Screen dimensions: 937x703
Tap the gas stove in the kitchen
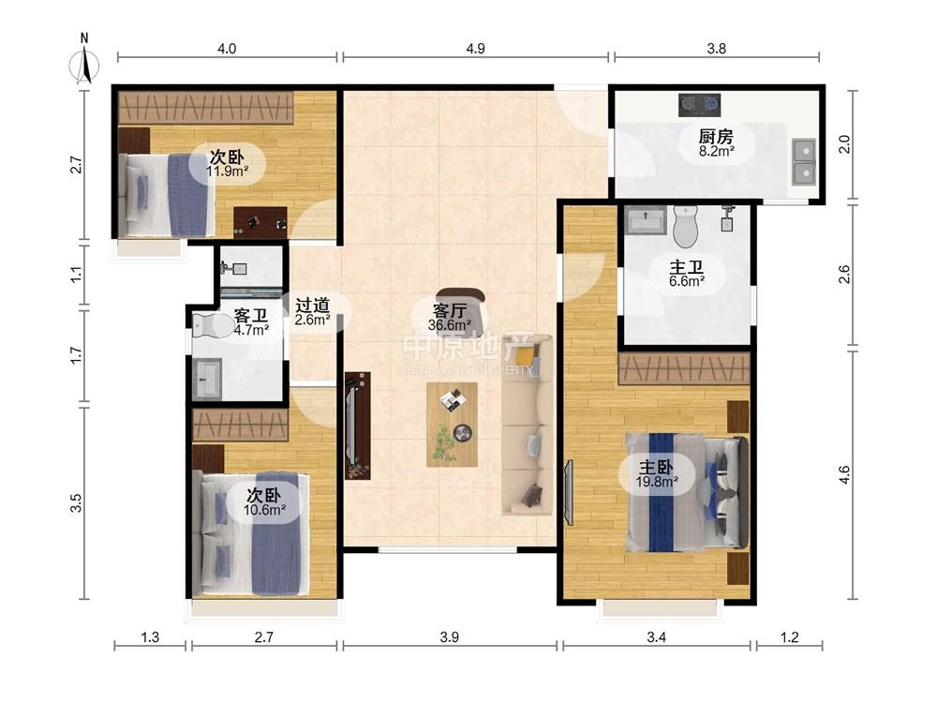pyautogui.click(x=699, y=105)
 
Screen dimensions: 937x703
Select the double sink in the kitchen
pyautogui.click(x=803, y=161)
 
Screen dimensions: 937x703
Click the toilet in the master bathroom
pyautogui.click(x=685, y=226)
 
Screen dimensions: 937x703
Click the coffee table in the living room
pyautogui.click(x=452, y=425)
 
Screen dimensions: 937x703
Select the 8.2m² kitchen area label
pyautogui.click(x=717, y=151)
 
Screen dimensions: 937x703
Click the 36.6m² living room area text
pyautogui.click(x=450, y=325)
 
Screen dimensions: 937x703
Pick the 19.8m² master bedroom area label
pyautogui.click(x=656, y=481)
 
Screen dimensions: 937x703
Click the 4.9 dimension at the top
pyautogui.click(x=476, y=49)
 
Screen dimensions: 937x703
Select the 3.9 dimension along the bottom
pyautogui.click(x=450, y=637)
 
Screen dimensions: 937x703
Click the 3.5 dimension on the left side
pyautogui.click(x=76, y=502)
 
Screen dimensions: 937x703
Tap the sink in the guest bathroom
pyautogui.click(x=207, y=379)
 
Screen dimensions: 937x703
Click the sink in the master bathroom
pyautogui.click(x=646, y=220)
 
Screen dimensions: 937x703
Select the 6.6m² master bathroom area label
pyautogui.click(x=687, y=281)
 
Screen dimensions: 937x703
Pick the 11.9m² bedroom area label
pyautogui.click(x=227, y=172)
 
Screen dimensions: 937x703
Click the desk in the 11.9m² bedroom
pyautogui.click(x=260, y=222)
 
